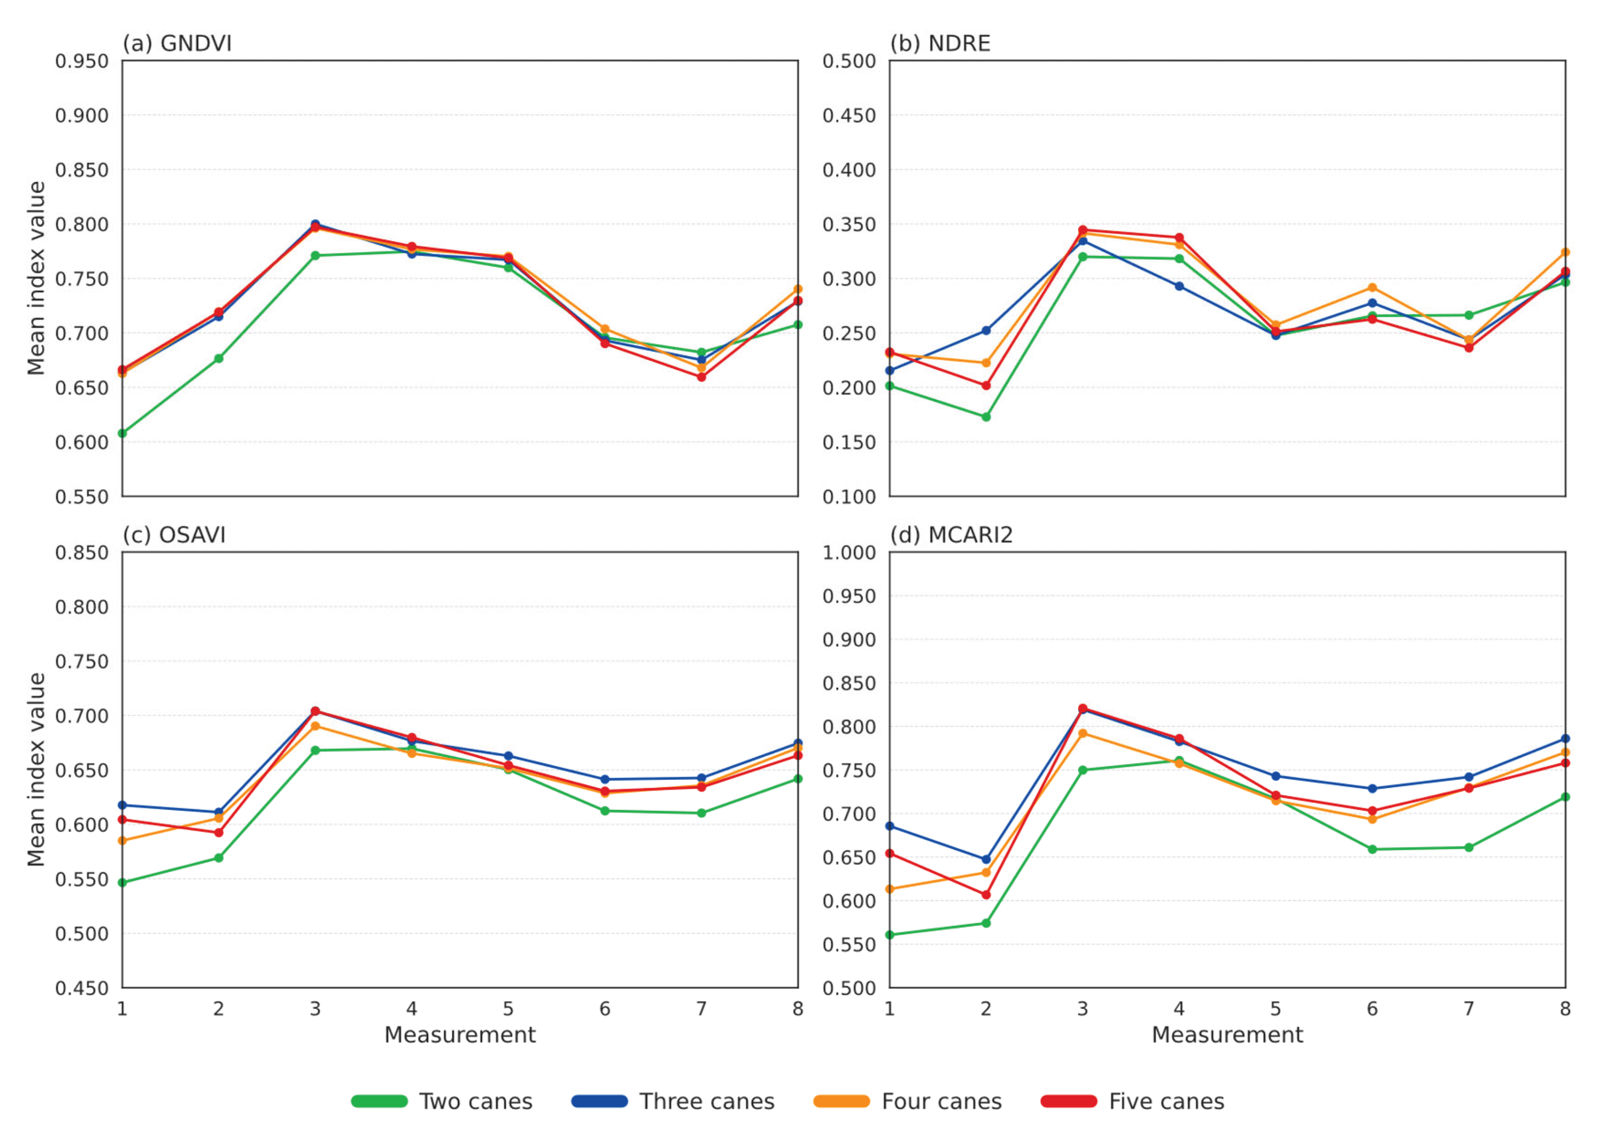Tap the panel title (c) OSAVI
(x=174, y=535)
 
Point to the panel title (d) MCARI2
(x=951, y=535)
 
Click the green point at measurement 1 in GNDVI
(x=123, y=433)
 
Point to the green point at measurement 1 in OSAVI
(x=123, y=883)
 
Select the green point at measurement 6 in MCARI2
(x=1372, y=850)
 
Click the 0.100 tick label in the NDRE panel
(x=849, y=497)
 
